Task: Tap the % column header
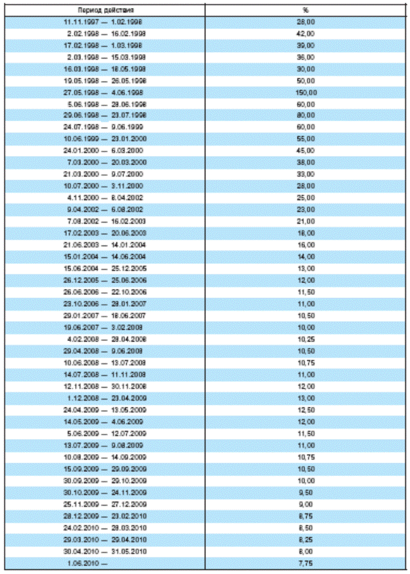(306, 11)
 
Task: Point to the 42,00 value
(306, 34)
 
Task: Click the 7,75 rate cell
(306, 564)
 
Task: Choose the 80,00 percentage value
(306, 115)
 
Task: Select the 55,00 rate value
(306, 139)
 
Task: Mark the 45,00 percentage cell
(306, 151)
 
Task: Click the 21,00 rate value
(306, 221)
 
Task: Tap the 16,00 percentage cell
(306, 244)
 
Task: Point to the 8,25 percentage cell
(306, 540)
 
